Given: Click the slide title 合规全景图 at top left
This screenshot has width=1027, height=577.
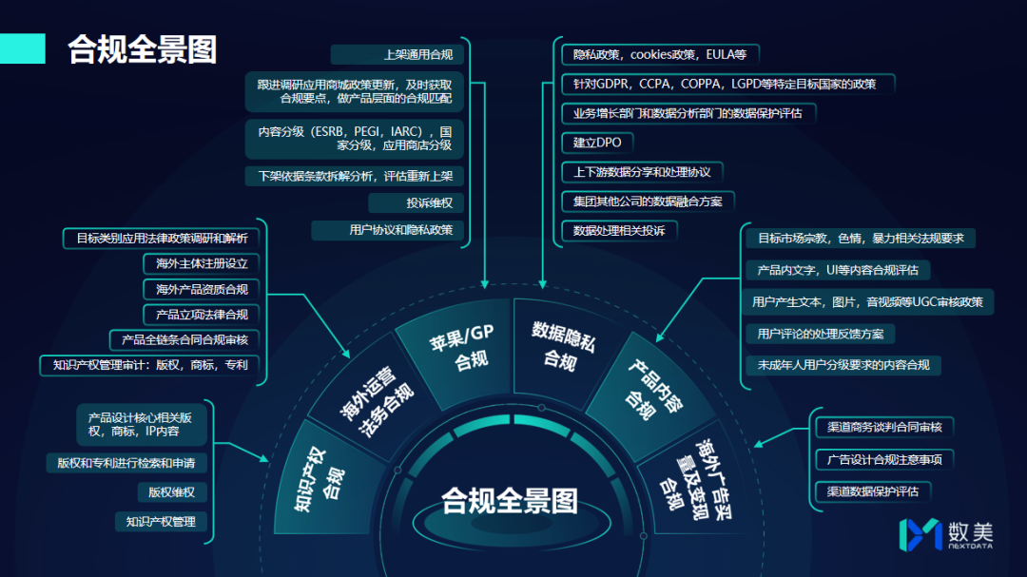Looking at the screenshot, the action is click(142, 48).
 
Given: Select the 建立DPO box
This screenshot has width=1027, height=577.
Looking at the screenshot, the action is click(597, 143).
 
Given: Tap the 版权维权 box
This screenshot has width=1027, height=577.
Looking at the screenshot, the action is click(171, 492).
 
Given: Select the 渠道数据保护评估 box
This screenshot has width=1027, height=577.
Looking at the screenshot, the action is click(872, 491).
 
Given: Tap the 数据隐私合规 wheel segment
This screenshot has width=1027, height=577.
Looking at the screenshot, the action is click(563, 344).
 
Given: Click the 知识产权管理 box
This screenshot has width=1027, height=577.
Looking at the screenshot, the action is click(161, 522).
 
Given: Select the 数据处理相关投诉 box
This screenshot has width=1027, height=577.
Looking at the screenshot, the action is click(618, 231).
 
